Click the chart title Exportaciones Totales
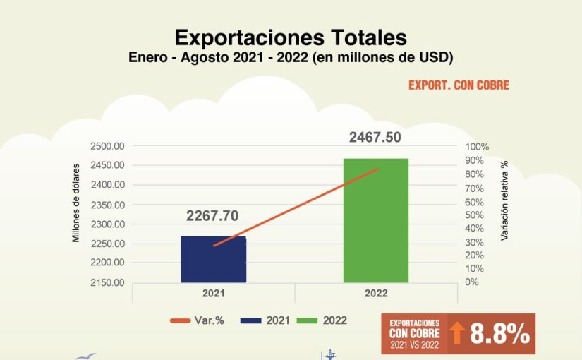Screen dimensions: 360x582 (x=291, y=37)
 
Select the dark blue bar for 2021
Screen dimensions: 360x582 (x=213, y=258)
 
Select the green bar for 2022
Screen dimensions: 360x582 (x=375, y=220)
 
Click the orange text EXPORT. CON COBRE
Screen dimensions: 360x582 (x=459, y=85)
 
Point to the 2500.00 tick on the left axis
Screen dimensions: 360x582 (x=108, y=146)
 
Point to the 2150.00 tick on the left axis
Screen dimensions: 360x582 (x=108, y=282)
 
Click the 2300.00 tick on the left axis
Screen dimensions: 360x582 (x=108, y=224)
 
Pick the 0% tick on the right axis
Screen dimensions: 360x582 (x=472, y=282)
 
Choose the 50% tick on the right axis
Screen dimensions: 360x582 (x=475, y=215)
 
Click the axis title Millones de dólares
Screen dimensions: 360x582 (x=76, y=203)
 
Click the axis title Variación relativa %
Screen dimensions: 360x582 (x=504, y=201)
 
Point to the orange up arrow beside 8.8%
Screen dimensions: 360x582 (x=457, y=334)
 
